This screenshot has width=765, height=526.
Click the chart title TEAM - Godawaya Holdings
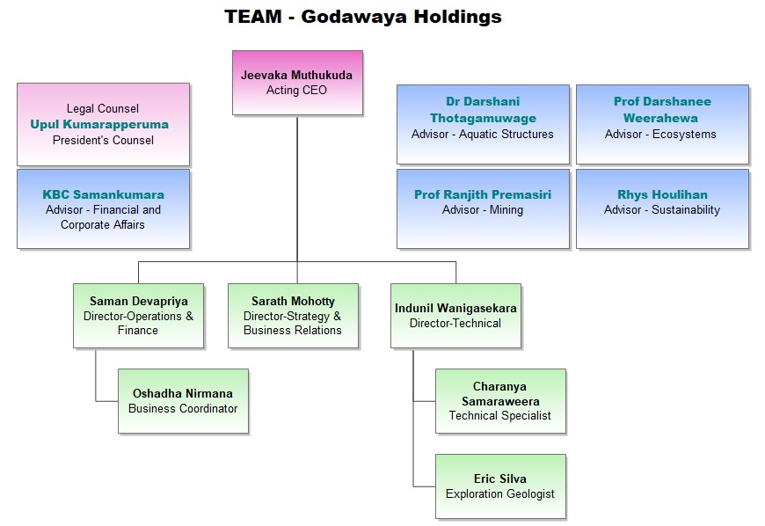[x=362, y=17]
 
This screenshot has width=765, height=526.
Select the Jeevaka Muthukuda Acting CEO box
[x=297, y=83]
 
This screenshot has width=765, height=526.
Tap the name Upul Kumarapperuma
[x=99, y=124]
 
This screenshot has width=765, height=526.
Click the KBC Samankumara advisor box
[x=104, y=209]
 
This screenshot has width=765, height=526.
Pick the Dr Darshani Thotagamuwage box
[x=483, y=124]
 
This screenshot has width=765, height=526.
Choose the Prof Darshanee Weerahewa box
[x=662, y=124]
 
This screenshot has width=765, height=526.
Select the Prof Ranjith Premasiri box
[x=483, y=209]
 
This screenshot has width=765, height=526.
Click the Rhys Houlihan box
[x=662, y=209]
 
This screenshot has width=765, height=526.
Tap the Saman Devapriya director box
[x=138, y=316]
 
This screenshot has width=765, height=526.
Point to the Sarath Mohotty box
[x=293, y=316]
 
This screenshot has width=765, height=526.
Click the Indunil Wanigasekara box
[x=455, y=316]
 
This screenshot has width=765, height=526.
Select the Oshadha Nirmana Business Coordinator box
[x=183, y=401]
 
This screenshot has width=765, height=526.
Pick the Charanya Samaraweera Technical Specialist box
[x=500, y=401]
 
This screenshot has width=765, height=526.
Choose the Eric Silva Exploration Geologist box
[x=500, y=486]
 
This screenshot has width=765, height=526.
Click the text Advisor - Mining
[x=483, y=210]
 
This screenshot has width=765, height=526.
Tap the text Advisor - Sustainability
[x=662, y=210]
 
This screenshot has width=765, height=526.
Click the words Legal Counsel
[x=103, y=109]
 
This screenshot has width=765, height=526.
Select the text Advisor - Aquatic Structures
[x=483, y=135]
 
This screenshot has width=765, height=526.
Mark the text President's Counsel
[x=103, y=140]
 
